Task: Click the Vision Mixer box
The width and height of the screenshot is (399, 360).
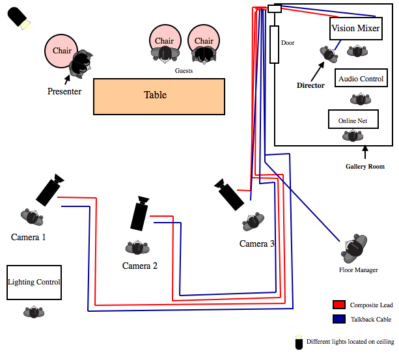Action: point(355,29)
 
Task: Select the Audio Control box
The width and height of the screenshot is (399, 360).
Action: point(361,79)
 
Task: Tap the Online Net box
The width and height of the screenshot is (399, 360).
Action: point(353,120)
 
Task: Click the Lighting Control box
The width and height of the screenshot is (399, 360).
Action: point(34,283)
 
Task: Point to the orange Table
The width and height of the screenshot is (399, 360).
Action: point(159,96)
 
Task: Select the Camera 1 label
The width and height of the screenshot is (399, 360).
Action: point(28,237)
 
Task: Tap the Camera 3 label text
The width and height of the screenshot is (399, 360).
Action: point(257,243)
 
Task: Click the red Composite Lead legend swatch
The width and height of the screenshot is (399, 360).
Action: point(338,305)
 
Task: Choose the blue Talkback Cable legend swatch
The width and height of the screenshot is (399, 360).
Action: point(338,319)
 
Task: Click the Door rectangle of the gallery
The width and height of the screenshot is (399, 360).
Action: point(275,44)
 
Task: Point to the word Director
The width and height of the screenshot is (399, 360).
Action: point(310,85)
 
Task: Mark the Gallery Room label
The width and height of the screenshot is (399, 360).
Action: point(365,167)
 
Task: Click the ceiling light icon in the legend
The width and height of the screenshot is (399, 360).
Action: point(299,342)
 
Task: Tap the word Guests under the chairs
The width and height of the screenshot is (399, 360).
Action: point(184,70)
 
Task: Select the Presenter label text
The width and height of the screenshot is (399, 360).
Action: point(64,92)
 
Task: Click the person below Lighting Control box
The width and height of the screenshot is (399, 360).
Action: point(34,312)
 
